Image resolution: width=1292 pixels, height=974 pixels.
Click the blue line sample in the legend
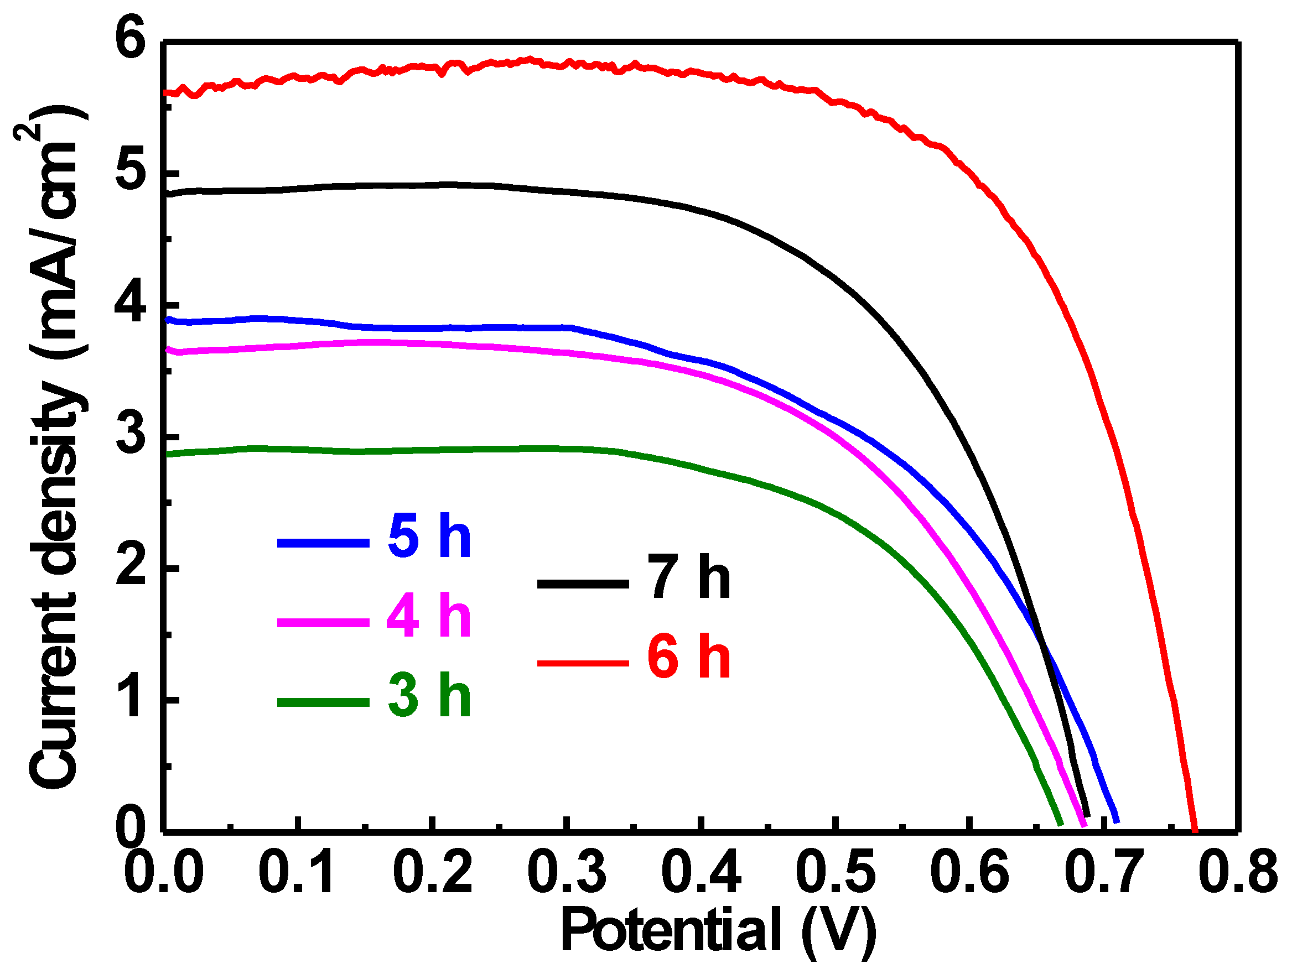coord(323,543)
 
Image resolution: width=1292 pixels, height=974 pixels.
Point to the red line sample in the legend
coord(583,663)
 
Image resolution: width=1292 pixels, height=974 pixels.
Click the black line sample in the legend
coord(583,584)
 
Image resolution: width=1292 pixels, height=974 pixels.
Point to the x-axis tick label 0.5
coord(837,872)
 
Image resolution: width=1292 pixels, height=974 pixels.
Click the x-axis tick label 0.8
coord(1239,872)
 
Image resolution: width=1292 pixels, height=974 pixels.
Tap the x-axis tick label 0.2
coord(433,872)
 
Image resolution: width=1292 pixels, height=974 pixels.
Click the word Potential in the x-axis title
coord(671,930)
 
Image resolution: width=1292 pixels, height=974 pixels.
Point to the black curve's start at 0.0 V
coord(168,193)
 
